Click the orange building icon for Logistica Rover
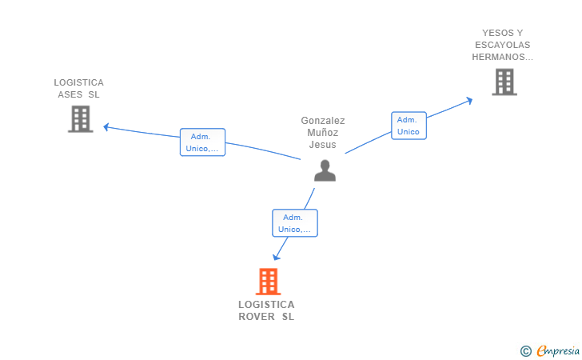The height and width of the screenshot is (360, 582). pyautogui.click(x=268, y=282)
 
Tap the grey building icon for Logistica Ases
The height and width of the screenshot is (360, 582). pyautogui.click(x=80, y=118)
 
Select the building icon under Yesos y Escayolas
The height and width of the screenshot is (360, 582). pyautogui.click(x=504, y=82)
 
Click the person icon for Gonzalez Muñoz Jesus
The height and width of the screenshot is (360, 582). pyautogui.click(x=325, y=170)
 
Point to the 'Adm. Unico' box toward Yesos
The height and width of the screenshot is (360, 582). pyautogui.click(x=409, y=126)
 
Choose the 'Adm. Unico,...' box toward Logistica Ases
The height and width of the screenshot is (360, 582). pyautogui.click(x=202, y=142)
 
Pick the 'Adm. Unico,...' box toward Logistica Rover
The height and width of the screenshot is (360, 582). pyautogui.click(x=294, y=223)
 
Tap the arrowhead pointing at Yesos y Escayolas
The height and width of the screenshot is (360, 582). pyautogui.click(x=469, y=100)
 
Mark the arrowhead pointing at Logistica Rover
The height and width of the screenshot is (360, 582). pyautogui.click(x=277, y=257)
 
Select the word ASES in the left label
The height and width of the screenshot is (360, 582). pyautogui.click(x=70, y=94)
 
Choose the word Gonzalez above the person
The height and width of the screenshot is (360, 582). pyautogui.click(x=323, y=121)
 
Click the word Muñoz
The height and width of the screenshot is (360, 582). pyautogui.click(x=323, y=133)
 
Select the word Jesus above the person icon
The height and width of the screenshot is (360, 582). pyautogui.click(x=323, y=145)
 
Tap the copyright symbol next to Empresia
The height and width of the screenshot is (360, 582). pyautogui.click(x=525, y=350)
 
